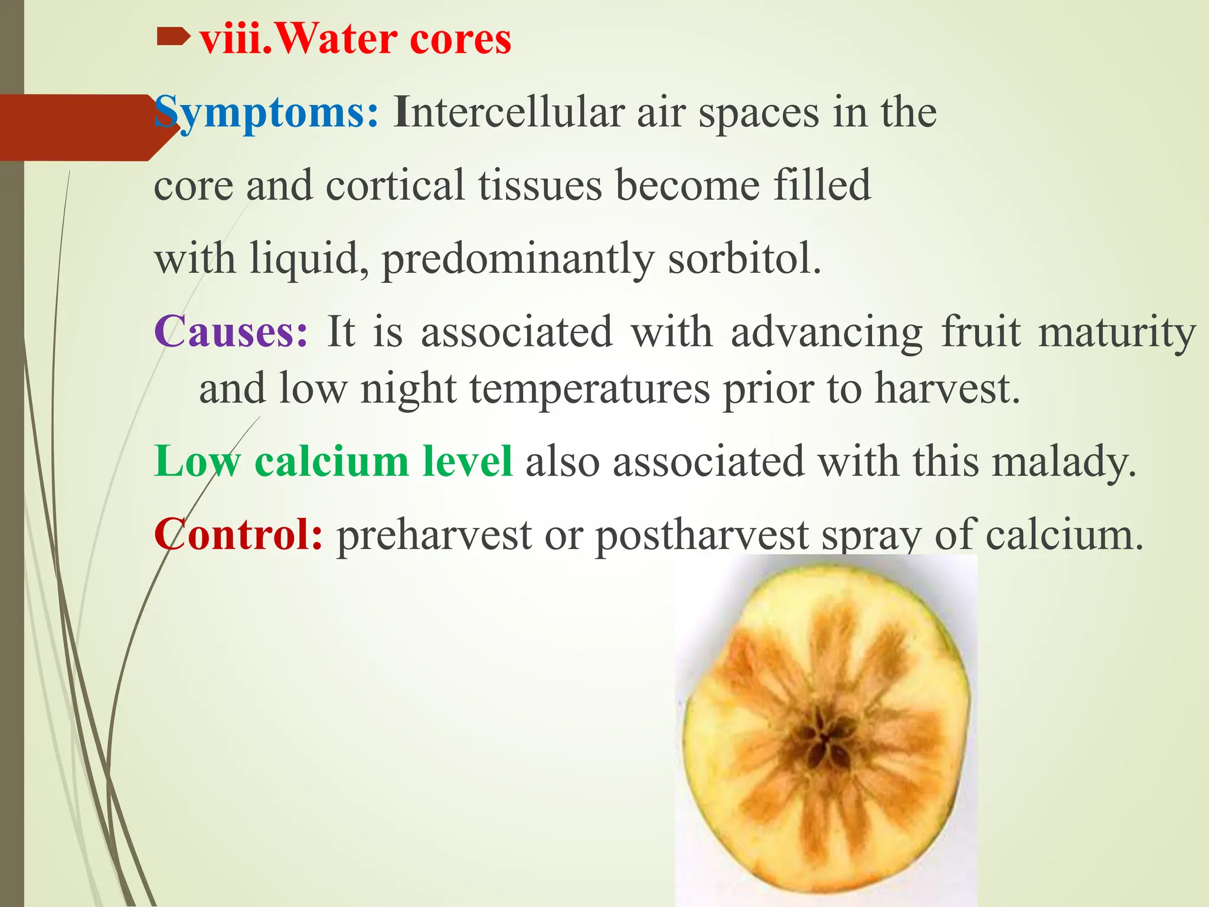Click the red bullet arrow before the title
click(173, 39)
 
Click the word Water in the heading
click(337, 40)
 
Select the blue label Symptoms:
click(266, 113)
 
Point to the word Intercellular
click(508, 112)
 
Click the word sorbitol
click(743, 258)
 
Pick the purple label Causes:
click(231, 331)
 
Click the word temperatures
click(590, 389)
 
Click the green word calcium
click(331, 461)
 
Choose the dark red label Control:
click(238, 534)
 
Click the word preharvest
click(434, 535)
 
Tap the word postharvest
click(702, 535)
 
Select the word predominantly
click(518, 259)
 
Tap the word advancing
click(826, 332)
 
